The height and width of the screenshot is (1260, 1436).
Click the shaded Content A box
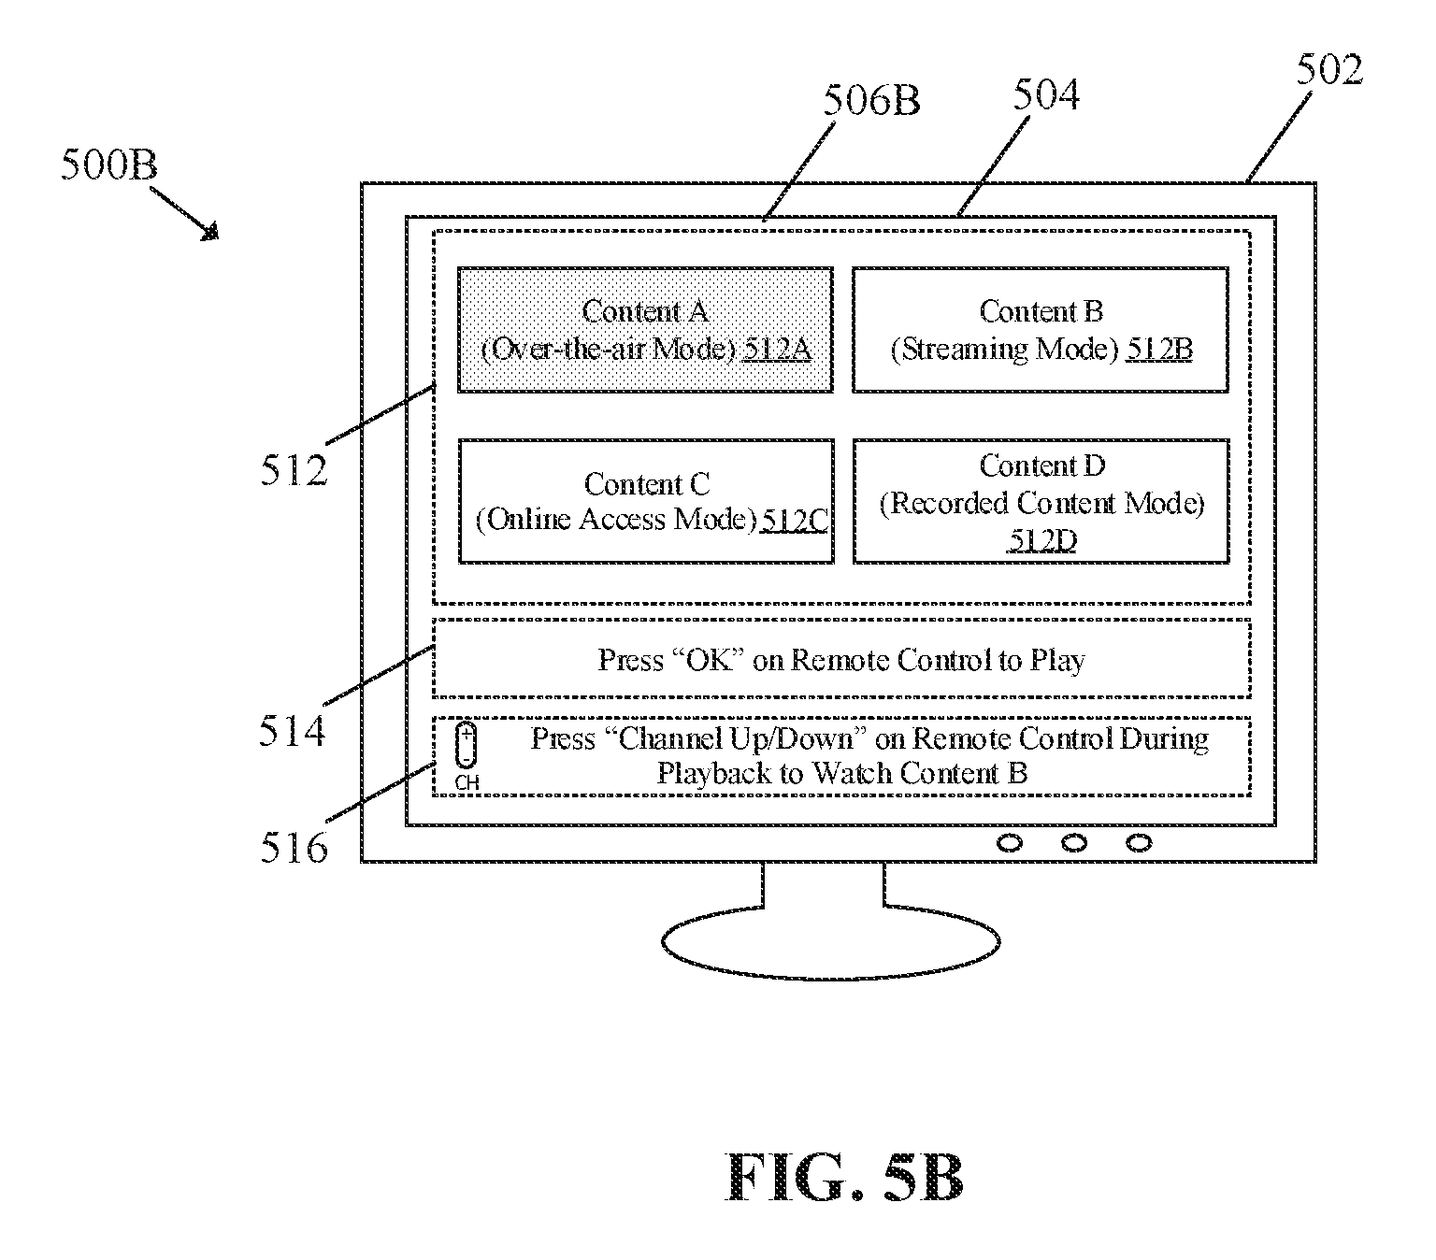pos(645,330)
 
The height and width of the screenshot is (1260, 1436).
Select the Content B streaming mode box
pos(1040,330)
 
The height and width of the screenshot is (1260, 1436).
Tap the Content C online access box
pos(646,501)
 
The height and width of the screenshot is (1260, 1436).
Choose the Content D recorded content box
pos(1041,501)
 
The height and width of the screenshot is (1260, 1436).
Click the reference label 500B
pos(109,165)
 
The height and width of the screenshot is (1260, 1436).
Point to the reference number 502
pos(1329,70)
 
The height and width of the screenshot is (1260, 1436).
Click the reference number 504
pos(1045,94)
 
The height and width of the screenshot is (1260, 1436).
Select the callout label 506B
pos(871,100)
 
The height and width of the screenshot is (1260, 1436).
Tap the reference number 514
pos(292,731)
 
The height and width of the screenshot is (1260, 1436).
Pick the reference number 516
pos(294,848)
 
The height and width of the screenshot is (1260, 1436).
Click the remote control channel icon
pos(466,746)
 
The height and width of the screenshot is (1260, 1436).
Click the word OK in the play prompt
pos(710,660)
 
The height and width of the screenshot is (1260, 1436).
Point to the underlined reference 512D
pos(1041,541)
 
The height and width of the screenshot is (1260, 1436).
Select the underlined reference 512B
pos(1159,350)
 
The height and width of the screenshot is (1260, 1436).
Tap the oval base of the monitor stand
pos(831,942)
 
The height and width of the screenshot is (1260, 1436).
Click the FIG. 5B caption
pos(845,1177)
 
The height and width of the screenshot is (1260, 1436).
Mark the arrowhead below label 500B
pos(210,231)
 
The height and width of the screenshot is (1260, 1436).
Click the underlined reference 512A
pos(776,350)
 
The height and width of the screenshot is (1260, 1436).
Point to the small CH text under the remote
pos(467,782)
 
